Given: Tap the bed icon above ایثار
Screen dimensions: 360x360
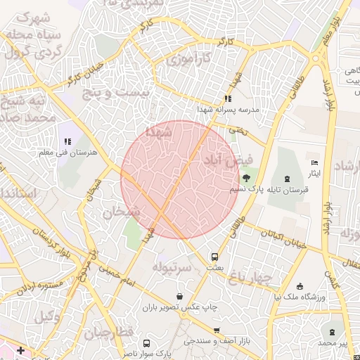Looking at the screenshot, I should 314,162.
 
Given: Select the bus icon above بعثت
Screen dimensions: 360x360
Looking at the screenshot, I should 214,257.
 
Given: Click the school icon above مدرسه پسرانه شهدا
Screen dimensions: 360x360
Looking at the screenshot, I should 227,98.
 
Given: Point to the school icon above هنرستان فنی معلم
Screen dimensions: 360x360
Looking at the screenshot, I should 68,141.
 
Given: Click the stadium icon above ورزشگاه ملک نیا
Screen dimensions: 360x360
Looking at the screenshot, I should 300,286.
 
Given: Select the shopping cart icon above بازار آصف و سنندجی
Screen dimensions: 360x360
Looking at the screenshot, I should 216,330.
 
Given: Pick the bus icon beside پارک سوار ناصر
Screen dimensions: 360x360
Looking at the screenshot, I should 146,343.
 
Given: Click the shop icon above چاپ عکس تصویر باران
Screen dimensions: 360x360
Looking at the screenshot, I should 181,297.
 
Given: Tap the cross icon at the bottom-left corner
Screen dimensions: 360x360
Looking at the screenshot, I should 20,349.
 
